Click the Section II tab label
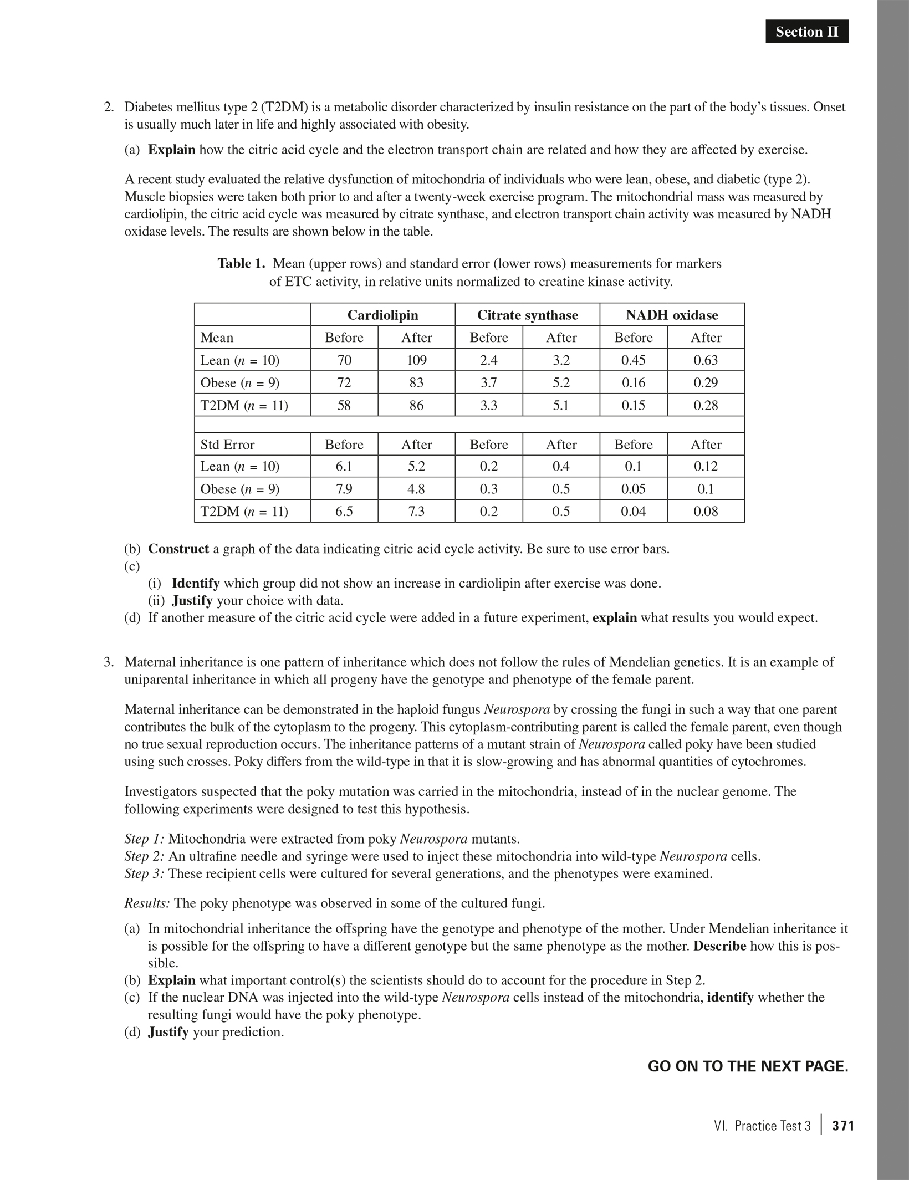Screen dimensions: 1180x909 coord(806,32)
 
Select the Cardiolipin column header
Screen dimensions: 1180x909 coord(382,315)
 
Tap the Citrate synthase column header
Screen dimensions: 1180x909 coord(527,315)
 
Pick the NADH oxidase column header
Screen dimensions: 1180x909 coord(672,315)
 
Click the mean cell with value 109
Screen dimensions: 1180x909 coord(416,360)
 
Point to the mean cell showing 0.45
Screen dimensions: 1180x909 coord(633,360)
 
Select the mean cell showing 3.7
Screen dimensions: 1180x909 coord(488,383)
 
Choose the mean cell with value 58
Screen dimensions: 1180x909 coord(344,406)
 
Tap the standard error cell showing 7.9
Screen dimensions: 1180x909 coord(344,489)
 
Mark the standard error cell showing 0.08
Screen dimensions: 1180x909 coord(706,512)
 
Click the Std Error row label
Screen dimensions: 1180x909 coord(227,445)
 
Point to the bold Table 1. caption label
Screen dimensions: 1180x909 coord(242,264)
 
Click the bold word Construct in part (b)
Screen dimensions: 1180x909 coord(178,549)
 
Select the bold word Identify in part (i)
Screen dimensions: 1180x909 coord(196,584)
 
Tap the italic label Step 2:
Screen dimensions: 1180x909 coord(144,856)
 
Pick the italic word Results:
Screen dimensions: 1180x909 coord(147,903)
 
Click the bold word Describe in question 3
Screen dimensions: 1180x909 coord(719,946)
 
